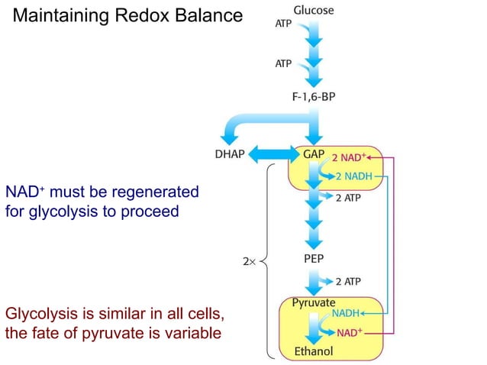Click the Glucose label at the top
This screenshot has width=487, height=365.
314,10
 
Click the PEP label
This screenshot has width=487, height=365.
314,258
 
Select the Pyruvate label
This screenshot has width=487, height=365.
314,302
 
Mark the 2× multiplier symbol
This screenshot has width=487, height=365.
249,262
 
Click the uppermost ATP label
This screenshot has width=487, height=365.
283,24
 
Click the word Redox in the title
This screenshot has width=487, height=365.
129,15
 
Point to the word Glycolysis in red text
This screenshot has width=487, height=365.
37,315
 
